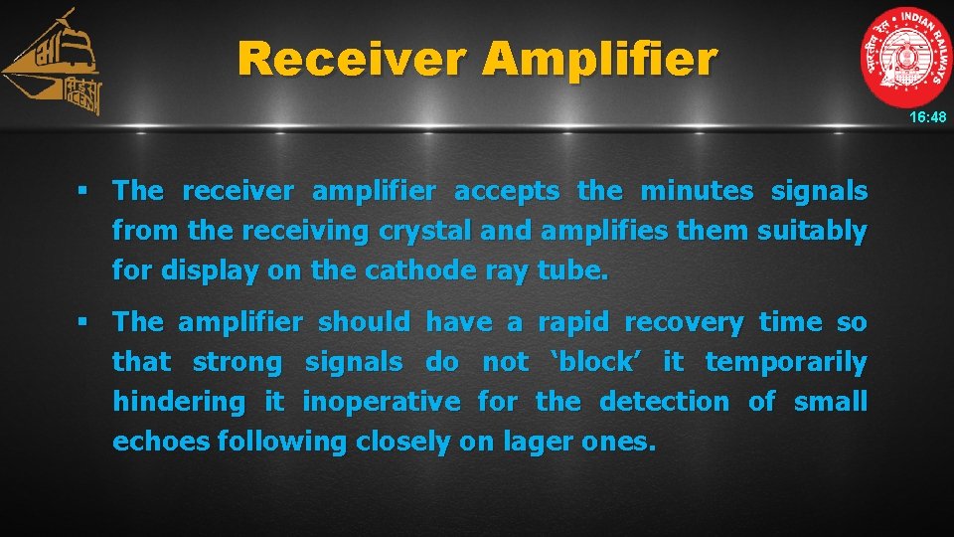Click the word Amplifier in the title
[x=598, y=60]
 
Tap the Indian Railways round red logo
[x=905, y=56]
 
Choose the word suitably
[x=812, y=231]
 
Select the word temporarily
[x=786, y=362]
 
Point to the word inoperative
[x=382, y=402]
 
